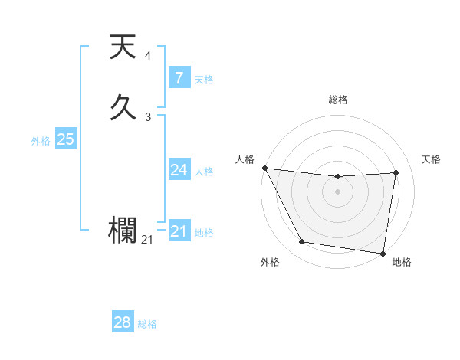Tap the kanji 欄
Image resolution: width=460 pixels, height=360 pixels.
click(123, 229)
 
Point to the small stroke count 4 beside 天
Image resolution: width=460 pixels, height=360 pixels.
click(147, 56)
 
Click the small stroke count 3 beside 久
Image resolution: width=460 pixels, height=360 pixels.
click(147, 116)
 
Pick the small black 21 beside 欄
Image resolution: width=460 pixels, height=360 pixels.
click(146, 240)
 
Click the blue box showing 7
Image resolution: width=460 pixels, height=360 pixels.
click(179, 78)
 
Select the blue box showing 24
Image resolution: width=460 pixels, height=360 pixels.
click(179, 170)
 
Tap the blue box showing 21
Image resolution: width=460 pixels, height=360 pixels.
click(179, 231)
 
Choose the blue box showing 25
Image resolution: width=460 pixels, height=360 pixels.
click(65, 139)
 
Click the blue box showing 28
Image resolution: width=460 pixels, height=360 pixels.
click(123, 322)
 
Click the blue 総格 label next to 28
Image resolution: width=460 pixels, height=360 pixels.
click(147, 324)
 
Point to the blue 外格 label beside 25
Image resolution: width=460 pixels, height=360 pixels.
click(41, 141)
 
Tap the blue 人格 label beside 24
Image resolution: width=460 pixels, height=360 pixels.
click(204, 172)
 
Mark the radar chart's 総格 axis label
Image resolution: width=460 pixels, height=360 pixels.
click(337, 100)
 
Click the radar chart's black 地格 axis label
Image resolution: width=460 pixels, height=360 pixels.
click(402, 263)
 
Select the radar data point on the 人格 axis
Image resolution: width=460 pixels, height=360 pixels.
click(264, 168)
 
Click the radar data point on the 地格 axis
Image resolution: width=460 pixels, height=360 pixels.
click(383, 253)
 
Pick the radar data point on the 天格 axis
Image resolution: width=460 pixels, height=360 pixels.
click(396, 172)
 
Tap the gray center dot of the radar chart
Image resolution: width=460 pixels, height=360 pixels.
click(337, 191)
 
